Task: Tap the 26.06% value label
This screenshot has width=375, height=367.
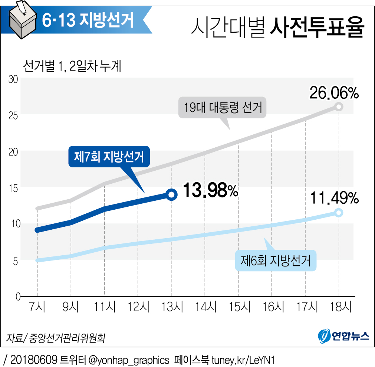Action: click(x=334, y=93)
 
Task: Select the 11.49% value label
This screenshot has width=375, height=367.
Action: click(x=334, y=199)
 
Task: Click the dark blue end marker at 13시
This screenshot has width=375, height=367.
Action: click(x=171, y=194)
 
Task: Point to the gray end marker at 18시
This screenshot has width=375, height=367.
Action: click(x=339, y=107)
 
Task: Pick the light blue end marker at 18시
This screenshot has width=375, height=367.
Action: click(x=339, y=213)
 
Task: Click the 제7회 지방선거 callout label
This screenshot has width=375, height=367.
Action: click(x=109, y=157)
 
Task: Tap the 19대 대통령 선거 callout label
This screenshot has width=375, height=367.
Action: click(x=223, y=108)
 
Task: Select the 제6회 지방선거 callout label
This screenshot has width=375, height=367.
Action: click(x=276, y=261)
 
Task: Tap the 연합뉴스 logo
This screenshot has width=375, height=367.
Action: click(x=343, y=336)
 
